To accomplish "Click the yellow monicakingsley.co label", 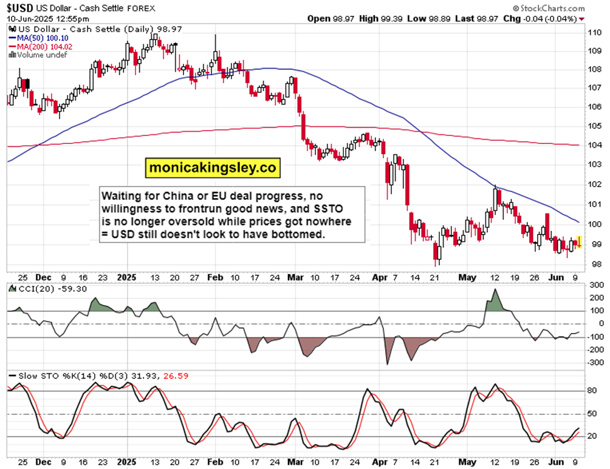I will coord(212,168).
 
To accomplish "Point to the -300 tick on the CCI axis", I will coord(595,363).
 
